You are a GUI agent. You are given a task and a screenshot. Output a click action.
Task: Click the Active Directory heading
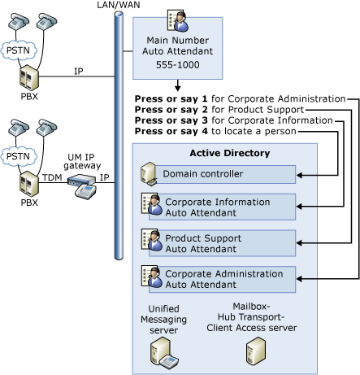[223, 153]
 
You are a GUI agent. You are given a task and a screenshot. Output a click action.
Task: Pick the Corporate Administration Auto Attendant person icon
[150, 276]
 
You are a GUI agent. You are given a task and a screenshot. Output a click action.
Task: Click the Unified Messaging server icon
[160, 351]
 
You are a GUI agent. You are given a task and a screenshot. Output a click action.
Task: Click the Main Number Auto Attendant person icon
[175, 20]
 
